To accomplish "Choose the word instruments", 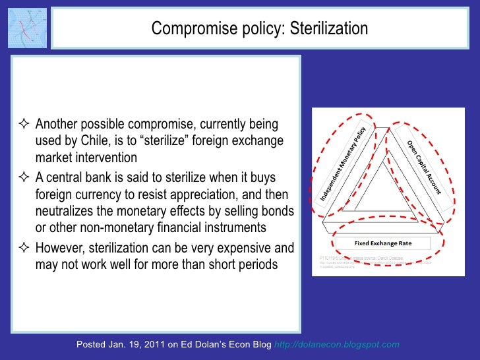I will click(x=232, y=228).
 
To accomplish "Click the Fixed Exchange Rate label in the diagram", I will click(x=383, y=243).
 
